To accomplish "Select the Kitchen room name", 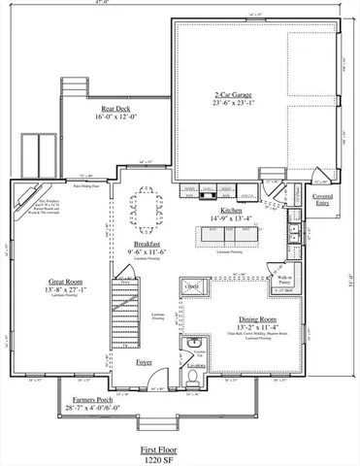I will coord(231,210).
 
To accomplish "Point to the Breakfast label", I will coord(149,244).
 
